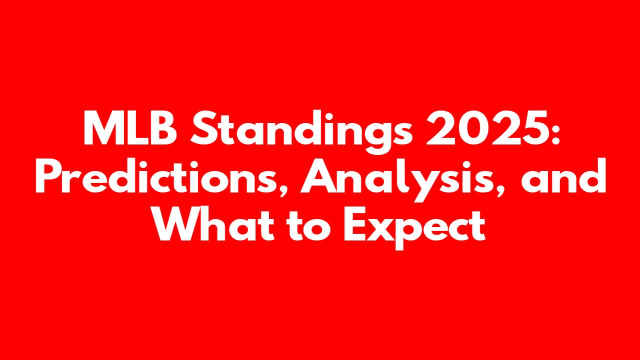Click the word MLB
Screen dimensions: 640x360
[x=130, y=127]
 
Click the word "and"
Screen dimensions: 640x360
[x=563, y=175]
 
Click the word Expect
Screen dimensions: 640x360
[x=415, y=227]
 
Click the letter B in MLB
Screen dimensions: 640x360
[x=164, y=127]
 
